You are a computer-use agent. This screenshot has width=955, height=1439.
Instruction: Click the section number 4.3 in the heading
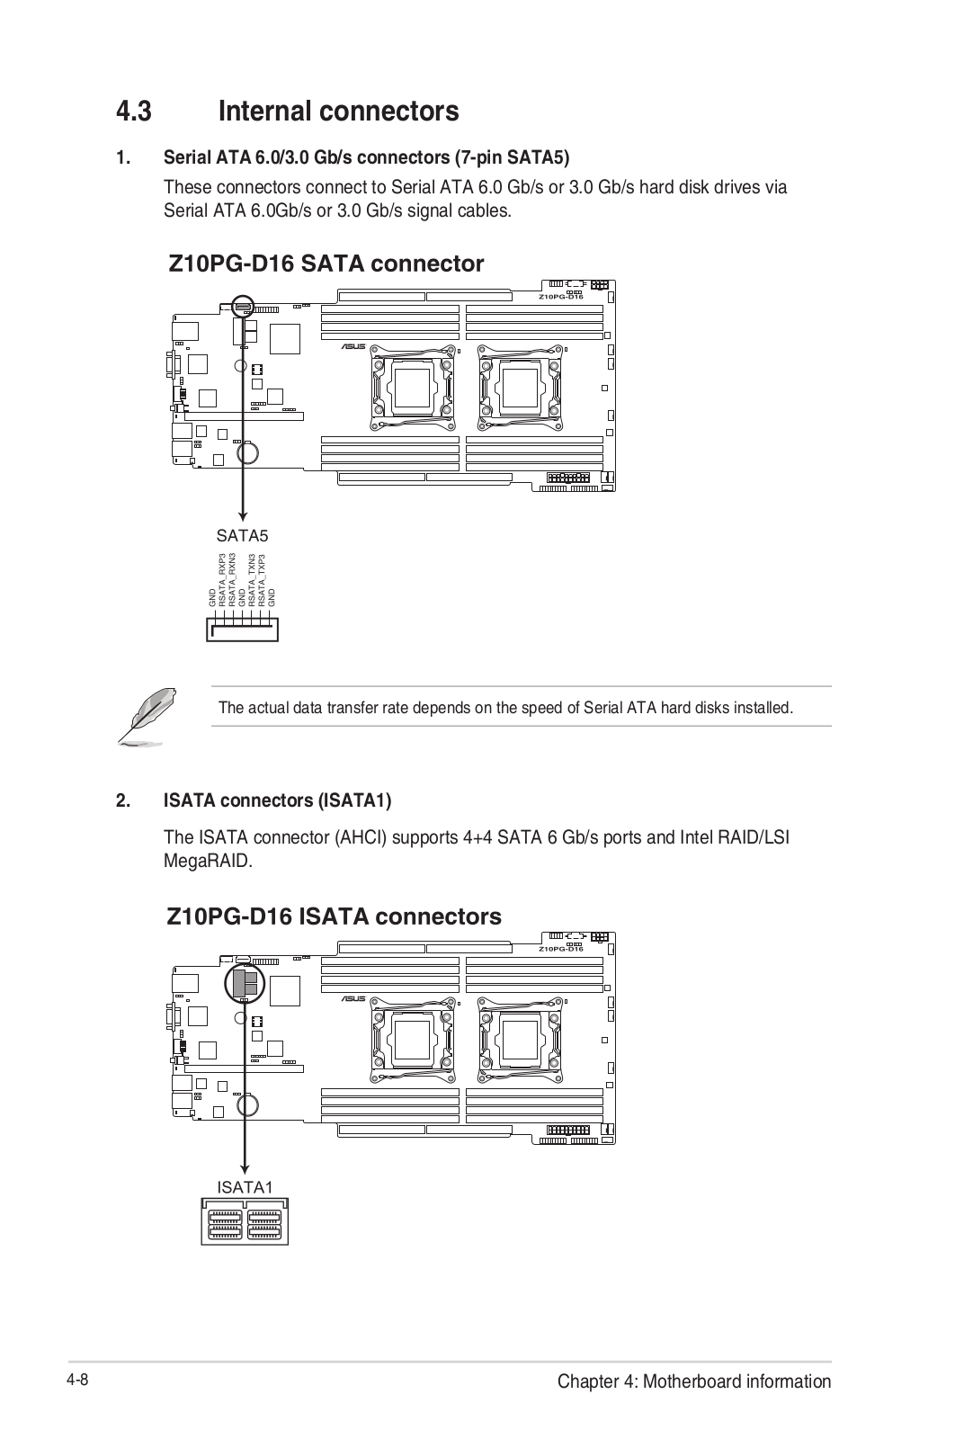click(133, 112)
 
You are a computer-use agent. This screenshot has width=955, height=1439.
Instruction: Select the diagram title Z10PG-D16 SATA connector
click(326, 264)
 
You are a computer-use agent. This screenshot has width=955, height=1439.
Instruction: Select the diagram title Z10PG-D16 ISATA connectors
click(334, 916)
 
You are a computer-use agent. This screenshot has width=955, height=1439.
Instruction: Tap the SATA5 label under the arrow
click(242, 536)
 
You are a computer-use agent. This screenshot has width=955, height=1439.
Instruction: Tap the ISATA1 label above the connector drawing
click(245, 1187)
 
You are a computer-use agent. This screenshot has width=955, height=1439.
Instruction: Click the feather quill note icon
click(145, 717)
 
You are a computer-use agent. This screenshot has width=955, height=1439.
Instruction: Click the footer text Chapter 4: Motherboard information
click(693, 1381)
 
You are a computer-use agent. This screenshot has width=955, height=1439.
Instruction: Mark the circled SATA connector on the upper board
click(243, 307)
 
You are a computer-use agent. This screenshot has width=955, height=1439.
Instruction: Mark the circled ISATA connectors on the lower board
click(244, 984)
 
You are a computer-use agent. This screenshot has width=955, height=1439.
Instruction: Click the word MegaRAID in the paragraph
click(208, 861)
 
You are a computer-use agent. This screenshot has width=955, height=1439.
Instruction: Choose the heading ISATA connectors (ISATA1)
click(277, 800)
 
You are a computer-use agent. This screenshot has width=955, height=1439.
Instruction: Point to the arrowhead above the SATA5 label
click(243, 515)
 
